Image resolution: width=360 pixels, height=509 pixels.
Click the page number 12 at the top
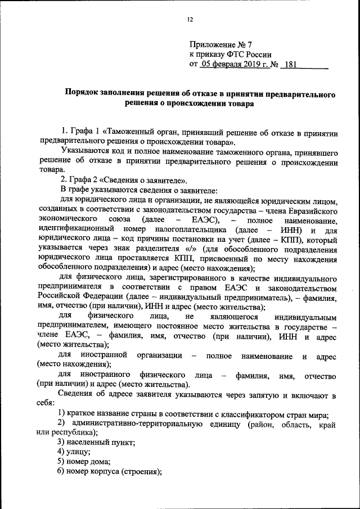point(190,20)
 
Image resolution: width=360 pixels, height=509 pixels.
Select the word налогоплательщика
point(179,229)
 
